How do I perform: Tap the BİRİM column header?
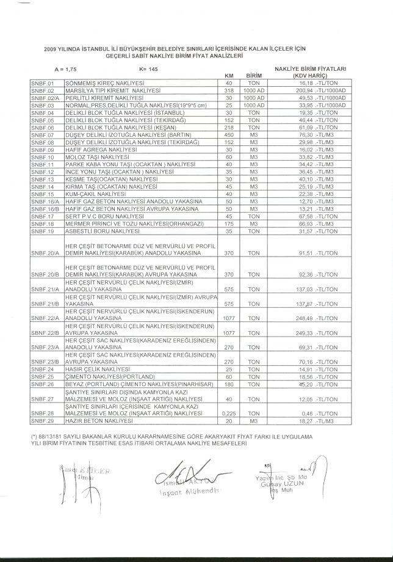click(253, 76)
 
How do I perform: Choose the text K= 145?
click(148, 70)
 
